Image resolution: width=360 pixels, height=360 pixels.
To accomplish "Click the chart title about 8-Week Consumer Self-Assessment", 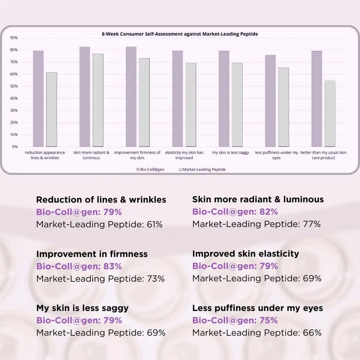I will click(x=180, y=34).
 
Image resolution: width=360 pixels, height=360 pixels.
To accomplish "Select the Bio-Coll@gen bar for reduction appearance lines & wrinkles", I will click(x=38, y=99).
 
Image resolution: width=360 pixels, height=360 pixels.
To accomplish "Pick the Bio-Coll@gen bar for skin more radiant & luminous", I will click(x=85, y=97).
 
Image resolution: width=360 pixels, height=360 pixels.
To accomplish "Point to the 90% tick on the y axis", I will click(x=14, y=38).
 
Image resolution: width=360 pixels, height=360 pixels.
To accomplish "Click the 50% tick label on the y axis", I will click(x=14, y=86).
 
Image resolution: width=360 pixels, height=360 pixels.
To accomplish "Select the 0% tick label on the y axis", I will click(x=15, y=147).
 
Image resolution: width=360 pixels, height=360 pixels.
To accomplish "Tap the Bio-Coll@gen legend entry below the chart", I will click(x=149, y=170).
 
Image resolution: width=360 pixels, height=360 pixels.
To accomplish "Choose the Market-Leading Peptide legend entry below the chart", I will click(x=202, y=170).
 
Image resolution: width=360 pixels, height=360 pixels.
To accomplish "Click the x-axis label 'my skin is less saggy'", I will click(x=230, y=153).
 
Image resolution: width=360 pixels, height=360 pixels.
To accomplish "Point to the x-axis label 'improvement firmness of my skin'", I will click(x=137, y=155).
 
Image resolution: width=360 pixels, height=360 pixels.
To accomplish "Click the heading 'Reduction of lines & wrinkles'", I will click(x=101, y=200).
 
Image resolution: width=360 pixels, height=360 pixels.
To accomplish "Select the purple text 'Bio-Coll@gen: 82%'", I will click(x=235, y=212).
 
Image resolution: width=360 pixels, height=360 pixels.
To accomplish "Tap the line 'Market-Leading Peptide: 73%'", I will click(x=100, y=279).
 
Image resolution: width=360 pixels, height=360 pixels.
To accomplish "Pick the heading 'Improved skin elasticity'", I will click(x=245, y=254).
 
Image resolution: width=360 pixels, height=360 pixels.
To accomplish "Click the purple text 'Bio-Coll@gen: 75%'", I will click(x=235, y=320).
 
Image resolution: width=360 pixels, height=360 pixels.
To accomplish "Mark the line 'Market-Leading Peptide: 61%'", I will click(x=99, y=224).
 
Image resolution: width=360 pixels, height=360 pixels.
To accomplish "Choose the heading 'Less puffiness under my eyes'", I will click(x=257, y=308).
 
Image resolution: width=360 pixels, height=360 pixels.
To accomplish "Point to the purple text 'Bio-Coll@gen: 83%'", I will click(x=79, y=266).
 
